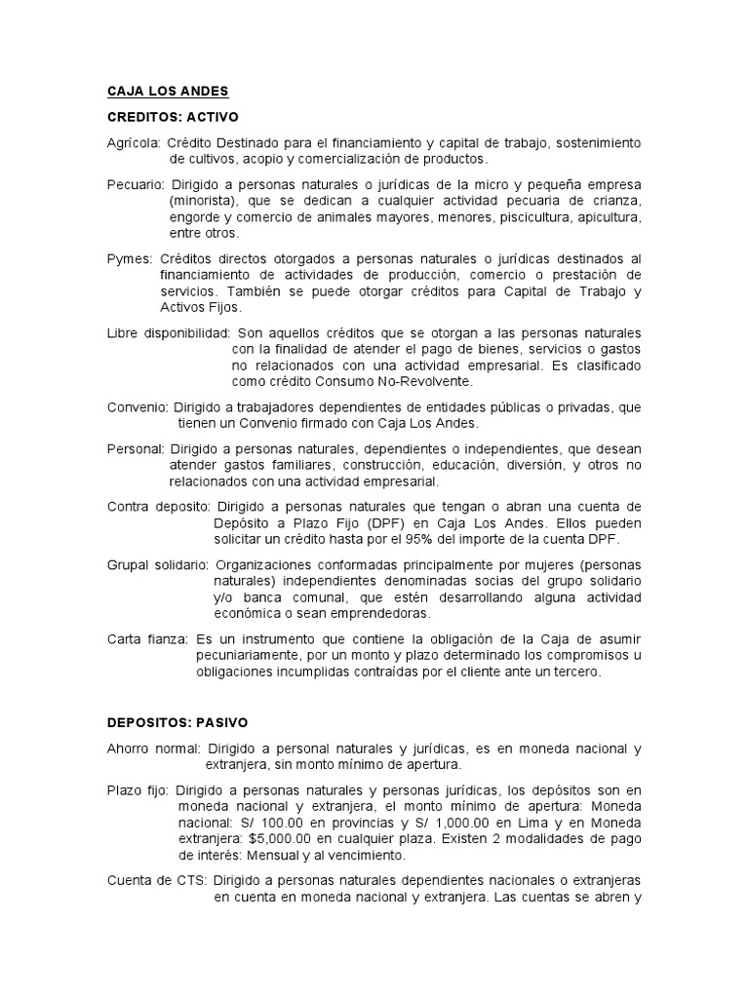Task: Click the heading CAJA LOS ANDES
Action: pyautogui.click(x=168, y=92)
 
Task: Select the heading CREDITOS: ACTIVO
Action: pyautogui.click(x=173, y=117)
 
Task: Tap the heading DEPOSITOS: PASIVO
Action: pyautogui.click(x=177, y=723)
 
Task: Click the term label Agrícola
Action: pyautogui.click(x=134, y=142)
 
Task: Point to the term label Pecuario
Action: pyautogui.click(x=136, y=184)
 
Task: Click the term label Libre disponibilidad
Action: pyautogui.click(x=168, y=332)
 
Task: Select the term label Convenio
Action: pyautogui.click(x=138, y=406)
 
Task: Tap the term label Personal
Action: pyautogui.click(x=136, y=449)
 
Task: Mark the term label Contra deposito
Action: pyautogui.click(x=158, y=507)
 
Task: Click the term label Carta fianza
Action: pyautogui.click(x=148, y=638)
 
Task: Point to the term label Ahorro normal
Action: pyautogui.click(x=153, y=748)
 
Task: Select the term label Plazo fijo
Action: pyautogui.click(x=138, y=790)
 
